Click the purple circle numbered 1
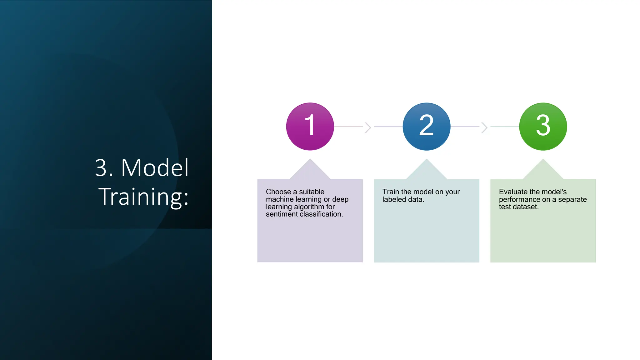point(310,127)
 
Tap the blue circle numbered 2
point(427,127)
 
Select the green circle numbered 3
point(543,127)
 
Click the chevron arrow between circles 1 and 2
point(368,127)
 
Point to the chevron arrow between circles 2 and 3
point(484,127)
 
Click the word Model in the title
point(155,168)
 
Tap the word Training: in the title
point(143,197)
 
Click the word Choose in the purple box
point(278,192)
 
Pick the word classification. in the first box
point(321,214)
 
